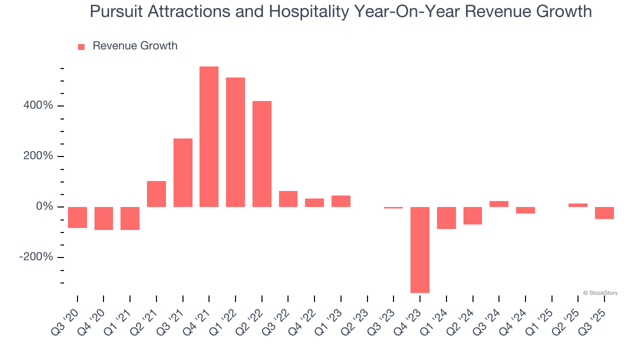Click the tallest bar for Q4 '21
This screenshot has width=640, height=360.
[209, 136]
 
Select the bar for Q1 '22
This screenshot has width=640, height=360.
[235, 142]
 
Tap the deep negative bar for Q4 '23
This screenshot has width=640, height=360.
[420, 249]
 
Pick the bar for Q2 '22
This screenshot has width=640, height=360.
[262, 154]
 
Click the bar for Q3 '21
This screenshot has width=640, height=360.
[183, 172]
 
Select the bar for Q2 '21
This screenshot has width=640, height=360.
[156, 194]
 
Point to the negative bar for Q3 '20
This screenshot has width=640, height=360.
[77, 217]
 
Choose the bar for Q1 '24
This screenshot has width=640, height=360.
[446, 218]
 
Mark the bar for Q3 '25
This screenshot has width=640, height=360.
[604, 213]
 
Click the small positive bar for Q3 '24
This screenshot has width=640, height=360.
[499, 204]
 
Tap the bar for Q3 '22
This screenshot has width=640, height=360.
[288, 199]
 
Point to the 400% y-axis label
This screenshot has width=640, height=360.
[38, 106]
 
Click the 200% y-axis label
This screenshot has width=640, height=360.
[38, 156]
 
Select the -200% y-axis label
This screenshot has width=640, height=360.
[36, 257]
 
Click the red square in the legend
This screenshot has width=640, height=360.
[81, 47]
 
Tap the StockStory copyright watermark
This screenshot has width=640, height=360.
[600, 293]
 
